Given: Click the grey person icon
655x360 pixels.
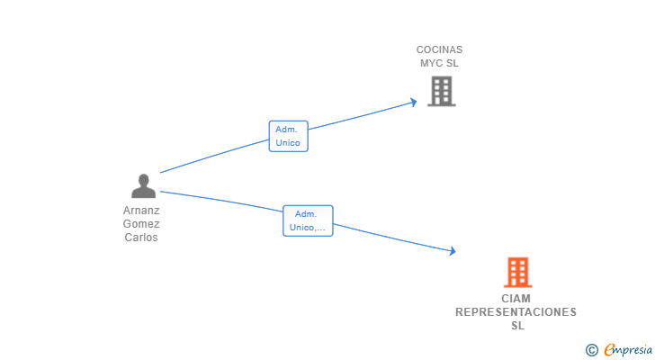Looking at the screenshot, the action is pyautogui.click(x=143, y=185).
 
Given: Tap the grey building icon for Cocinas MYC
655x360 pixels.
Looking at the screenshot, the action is pyautogui.click(x=442, y=92).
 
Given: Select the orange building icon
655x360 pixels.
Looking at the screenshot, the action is pyautogui.click(x=518, y=273).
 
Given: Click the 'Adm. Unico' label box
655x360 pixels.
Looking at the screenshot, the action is pyautogui.click(x=288, y=136).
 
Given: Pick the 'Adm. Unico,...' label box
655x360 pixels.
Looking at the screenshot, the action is pyautogui.click(x=308, y=220).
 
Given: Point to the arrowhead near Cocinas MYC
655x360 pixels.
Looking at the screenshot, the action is pyautogui.click(x=414, y=103).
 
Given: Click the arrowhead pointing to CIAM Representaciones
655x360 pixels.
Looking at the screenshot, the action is pyautogui.click(x=453, y=250).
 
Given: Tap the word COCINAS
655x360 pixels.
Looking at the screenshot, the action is pyautogui.click(x=439, y=49).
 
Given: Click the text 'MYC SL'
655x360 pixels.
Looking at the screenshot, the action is pyautogui.click(x=439, y=63).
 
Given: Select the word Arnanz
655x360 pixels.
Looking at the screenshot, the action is pyautogui.click(x=141, y=210).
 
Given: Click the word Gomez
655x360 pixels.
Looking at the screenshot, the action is pyautogui.click(x=141, y=224).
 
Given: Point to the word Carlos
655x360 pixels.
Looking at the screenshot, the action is pyautogui.click(x=141, y=238).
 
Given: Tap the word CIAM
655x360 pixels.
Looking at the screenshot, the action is pyautogui.click(x=516, y=299).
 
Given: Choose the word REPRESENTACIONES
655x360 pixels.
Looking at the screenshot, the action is pyautogui.click(x=516, y=312).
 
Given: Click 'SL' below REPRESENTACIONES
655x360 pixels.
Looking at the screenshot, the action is pyautogui.click(x=517, y=325).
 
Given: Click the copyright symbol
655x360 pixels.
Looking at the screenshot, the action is pyautogui.click(x=591, y=350).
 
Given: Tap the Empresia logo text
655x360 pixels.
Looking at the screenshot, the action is pyautogui.click(x=628, y=349).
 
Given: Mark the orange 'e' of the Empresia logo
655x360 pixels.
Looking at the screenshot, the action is pyautogui.click(x=610, y=349).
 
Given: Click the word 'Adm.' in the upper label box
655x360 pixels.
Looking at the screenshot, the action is pyautogui.click(x=286, y=130).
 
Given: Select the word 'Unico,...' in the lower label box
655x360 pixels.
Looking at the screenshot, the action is pyautogui.click(x=308, y=227).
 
